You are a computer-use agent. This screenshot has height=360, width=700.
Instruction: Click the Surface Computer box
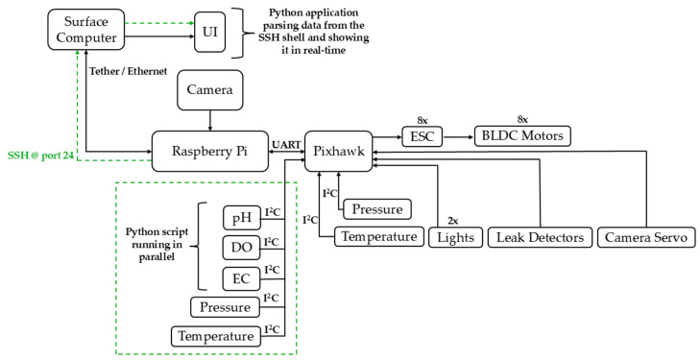86,30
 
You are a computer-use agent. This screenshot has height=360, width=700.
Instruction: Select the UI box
210,32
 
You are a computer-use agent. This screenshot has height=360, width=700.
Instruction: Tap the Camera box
210,89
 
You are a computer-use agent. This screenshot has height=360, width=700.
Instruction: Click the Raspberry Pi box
210,151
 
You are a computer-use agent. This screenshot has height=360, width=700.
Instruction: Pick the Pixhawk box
339,151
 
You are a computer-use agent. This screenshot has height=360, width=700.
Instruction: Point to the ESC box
422,136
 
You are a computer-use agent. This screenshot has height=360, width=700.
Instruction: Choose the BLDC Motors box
522,135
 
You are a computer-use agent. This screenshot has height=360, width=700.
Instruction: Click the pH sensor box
242,218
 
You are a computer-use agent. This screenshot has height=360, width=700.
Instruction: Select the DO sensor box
242,248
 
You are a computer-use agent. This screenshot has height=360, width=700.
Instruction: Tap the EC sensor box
242,277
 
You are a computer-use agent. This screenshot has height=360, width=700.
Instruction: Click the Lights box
456,237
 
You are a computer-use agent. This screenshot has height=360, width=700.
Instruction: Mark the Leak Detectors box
540,237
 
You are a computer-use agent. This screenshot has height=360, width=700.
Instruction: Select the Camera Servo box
646,237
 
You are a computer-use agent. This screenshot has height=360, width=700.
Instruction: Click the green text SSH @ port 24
40,156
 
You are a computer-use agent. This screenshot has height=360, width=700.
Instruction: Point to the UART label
286,145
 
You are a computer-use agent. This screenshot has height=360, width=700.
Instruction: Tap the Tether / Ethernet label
128,71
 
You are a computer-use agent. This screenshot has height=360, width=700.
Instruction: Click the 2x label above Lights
454,221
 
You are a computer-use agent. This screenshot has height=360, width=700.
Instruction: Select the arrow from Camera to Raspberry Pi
210,120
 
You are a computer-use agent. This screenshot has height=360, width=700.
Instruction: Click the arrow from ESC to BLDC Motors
458,136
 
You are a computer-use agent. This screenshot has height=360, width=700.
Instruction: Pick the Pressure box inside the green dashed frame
225,307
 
